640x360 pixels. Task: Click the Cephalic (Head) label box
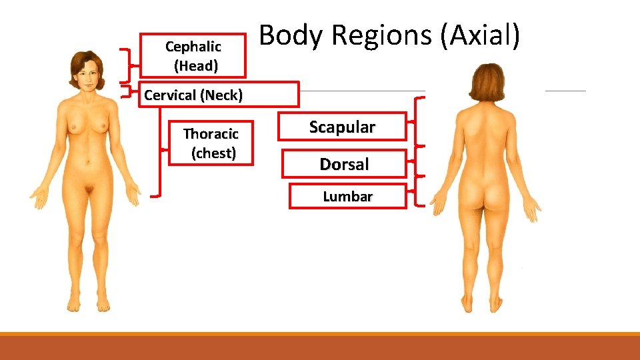click(x=193, y=56)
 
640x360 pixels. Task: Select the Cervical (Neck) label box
click(x=218, y=95)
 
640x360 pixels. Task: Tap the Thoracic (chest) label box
click(x=211, y=143)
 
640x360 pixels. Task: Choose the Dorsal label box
click(x=344, y=164)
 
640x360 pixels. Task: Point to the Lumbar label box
click(x=347, y=197)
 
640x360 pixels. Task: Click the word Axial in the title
click(x=480, y=35)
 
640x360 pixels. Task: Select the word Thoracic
click(x=211, y=134)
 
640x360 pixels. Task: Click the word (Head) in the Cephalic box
click(x=195, y=66)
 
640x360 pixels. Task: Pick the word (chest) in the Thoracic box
click(x=213, y=153)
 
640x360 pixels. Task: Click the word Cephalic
click(x=193, y=47)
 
